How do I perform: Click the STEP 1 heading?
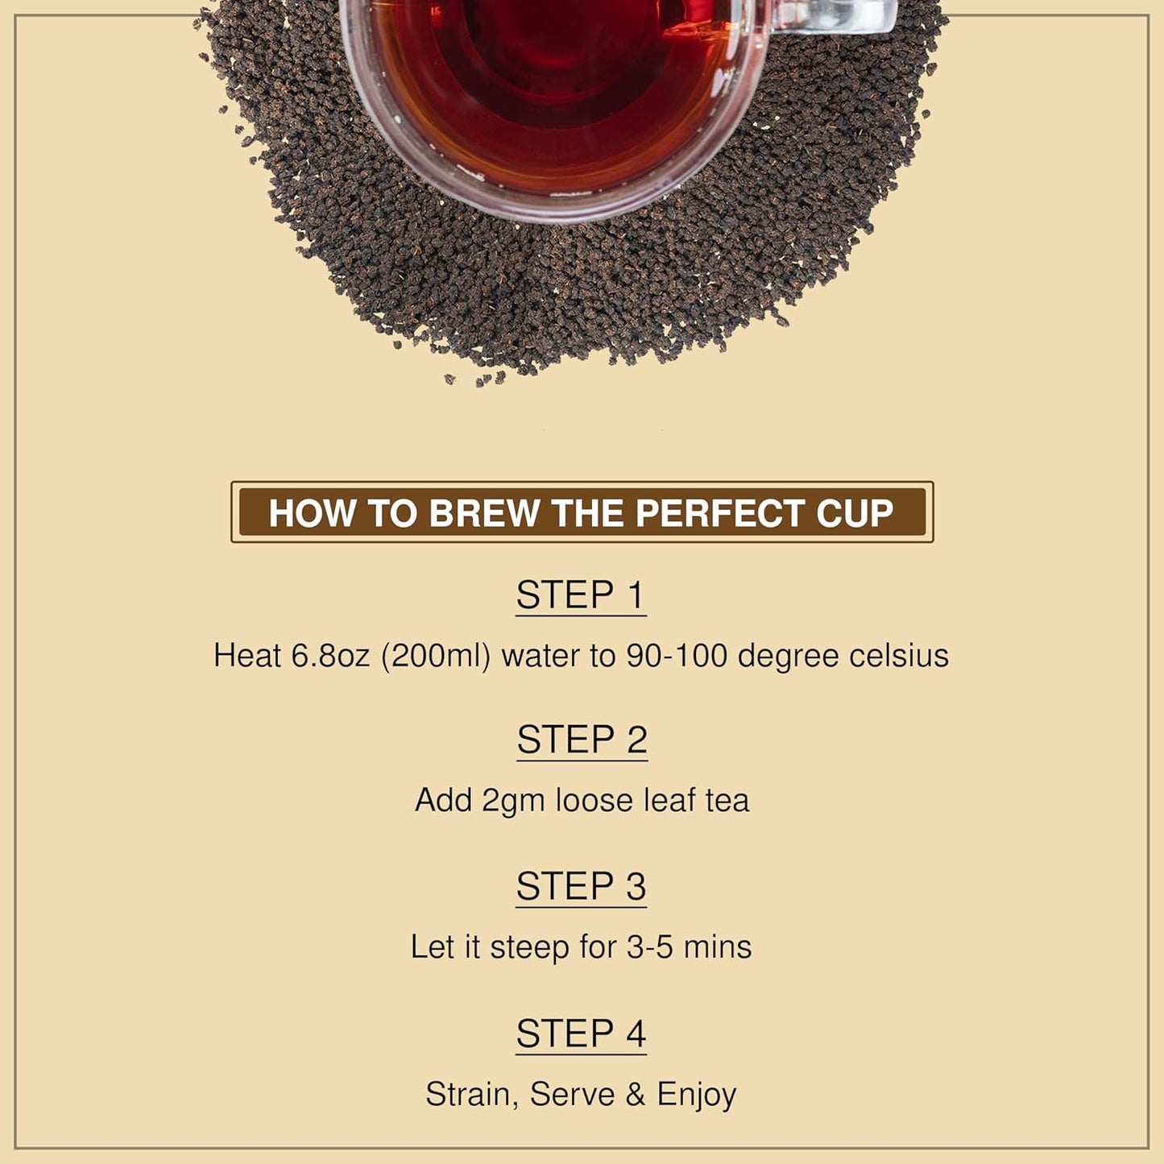[581, 595]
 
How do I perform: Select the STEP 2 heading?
[582, 739]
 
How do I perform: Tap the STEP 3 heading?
[581, 886]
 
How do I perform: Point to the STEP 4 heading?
[581, 1034]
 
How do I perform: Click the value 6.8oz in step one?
[329, 656]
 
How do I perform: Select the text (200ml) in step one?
[436, 656]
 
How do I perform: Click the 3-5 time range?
[649, 947]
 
